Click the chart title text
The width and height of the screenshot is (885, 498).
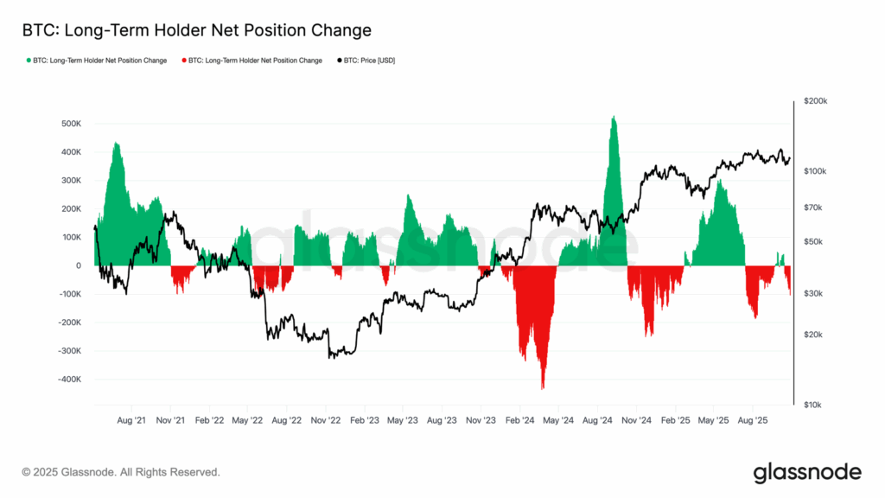pyautogui.click(x=196, y=31)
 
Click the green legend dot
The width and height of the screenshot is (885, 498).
pyautogui.click(x=30, y=61)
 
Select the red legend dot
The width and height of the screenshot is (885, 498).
pyautogui.click(x=184, y=61)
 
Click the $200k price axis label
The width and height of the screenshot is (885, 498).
pyautogui.click(x=816, y=101)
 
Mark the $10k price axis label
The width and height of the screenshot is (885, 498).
pyautogui.click(x=816, y=405)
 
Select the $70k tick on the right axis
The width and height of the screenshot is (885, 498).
pyautogui.click(x=816, y=207)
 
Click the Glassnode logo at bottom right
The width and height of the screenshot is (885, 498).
pyautogui.click(x=807, y=472)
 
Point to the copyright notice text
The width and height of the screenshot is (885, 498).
pyautogui.click(x=121, y=473)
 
